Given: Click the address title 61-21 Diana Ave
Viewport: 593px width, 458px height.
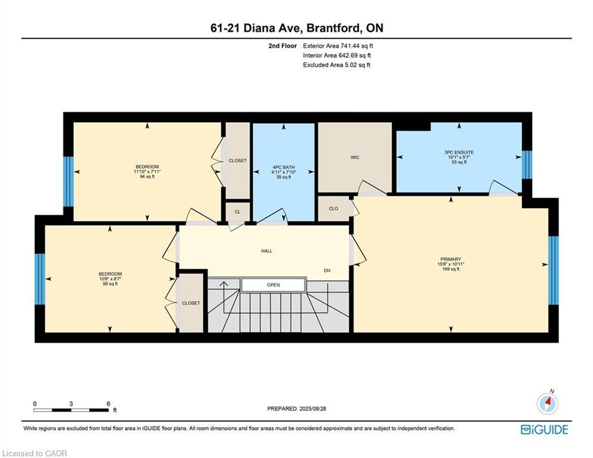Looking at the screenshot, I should (296, 28).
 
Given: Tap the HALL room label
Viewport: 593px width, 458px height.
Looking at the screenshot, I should (266, 251).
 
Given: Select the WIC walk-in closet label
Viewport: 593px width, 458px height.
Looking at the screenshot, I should (355, 157).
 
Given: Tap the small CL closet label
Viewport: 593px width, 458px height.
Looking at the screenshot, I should (237, 212).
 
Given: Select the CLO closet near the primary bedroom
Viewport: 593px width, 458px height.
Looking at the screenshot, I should (333, 209).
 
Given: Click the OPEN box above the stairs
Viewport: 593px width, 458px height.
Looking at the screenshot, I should (273, 285).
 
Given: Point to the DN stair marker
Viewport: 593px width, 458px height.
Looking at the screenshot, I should (327, 271).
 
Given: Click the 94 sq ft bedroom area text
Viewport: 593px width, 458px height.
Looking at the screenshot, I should (147, 177).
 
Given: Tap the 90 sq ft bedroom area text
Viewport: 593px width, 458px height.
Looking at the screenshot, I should (110, 284).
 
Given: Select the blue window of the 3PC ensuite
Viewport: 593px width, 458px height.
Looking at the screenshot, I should (527, 165).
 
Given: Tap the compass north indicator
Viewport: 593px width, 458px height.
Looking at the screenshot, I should (547, 403).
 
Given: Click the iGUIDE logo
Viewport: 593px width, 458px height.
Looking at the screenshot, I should (544, 429).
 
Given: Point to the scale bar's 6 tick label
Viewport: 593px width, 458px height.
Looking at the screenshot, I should (108, 404).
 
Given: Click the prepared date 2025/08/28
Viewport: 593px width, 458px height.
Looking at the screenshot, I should (296, 409).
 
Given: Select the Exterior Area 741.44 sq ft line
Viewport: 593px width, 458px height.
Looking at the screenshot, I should (338, 46).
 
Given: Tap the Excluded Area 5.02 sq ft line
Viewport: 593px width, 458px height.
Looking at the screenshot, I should (337, 65).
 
